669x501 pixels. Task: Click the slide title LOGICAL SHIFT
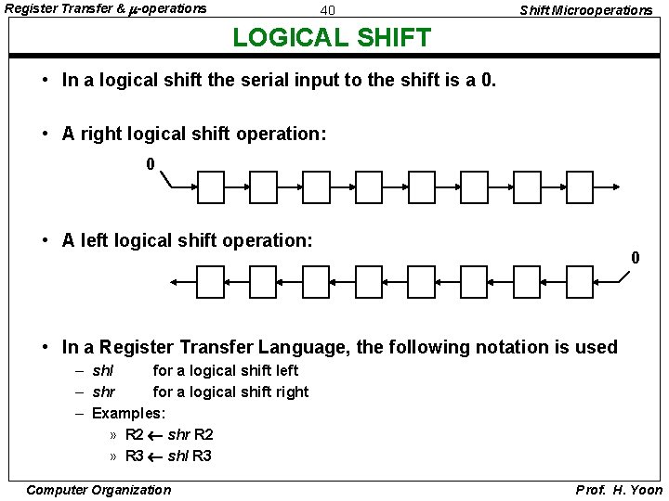pyautogui.click(x=332, y=37)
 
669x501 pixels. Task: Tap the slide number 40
pyautogui.click(x=327, y=10)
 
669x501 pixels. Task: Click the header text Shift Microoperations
pyautogui.click(x=585, y=10)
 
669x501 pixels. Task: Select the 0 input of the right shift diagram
pyautogui.click(x=151, y=164)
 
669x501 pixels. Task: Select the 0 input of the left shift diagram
pyautogui.click(x=636, y=257)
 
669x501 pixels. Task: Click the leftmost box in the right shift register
pyautogui.click(x=211, y=187)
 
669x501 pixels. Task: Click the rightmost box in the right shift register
pyautogui.click(x=580, y=187)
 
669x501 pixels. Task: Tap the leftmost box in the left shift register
pyautogui.click(x=211, y=281)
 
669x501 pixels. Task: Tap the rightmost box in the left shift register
pyautogui.click(x=580, y=281)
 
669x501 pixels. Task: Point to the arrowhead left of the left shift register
pyautogui.click(x=176, y=281)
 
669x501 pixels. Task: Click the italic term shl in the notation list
pyautogui.click(x=103, y=371)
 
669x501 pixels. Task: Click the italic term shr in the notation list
pyautogui.click(x=104, y=392)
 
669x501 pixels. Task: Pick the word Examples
pyautogui.click(x=128, y=413)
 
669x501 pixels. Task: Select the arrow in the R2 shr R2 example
pyautogui.click(x=155, y=435)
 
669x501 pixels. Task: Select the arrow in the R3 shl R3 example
pyautogui.click(x=155, y=456)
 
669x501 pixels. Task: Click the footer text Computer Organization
pyautogui.click(x=98, y=490)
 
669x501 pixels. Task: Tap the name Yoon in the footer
pyautogui.click(x=645, y=490)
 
